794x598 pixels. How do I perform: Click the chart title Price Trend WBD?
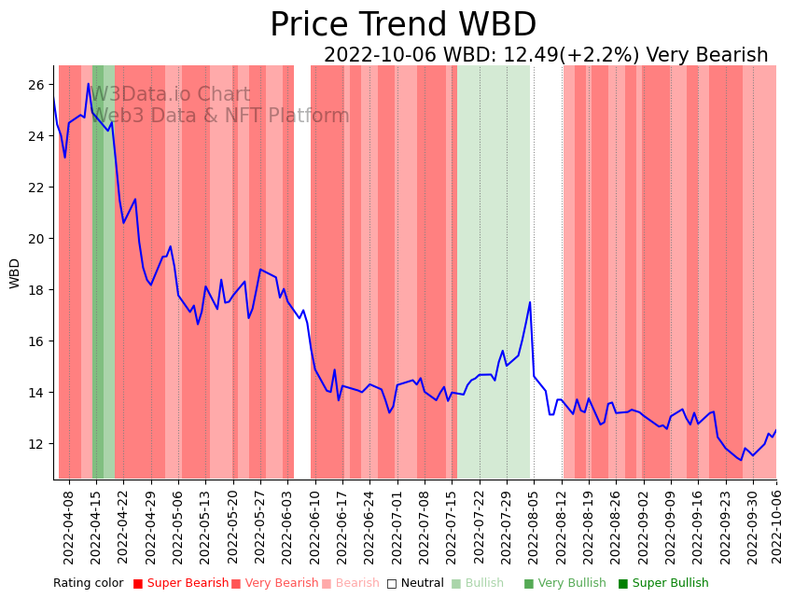tap(403, 25)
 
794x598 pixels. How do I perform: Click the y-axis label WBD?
tap(15, 272)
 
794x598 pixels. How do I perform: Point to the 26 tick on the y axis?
tap(36, 85)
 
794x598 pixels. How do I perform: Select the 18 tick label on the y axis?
tap(36, 290)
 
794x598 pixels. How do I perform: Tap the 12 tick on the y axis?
tap(36, 444)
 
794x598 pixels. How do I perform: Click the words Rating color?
tap(88, 583)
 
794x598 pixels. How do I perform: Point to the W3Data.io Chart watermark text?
tap(170, 95)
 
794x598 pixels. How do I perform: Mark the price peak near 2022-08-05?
tap(530, 302)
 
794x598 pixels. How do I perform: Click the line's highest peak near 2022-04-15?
tap(89, 84)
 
